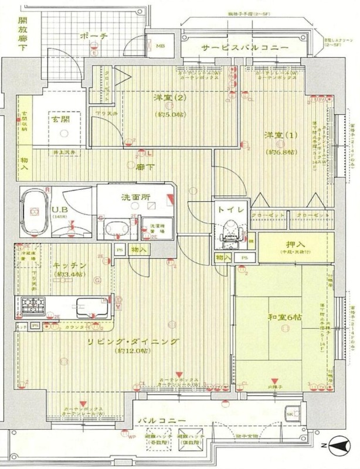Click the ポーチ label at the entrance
click(94, 36)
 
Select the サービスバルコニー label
click(236, 48)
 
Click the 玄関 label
click(60, 118)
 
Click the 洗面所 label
click(134, 196)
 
